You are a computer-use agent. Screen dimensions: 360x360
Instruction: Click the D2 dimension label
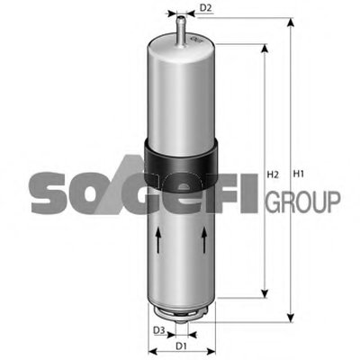206,8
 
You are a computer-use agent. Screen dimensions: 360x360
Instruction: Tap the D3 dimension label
159,330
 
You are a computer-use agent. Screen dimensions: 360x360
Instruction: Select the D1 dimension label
181,346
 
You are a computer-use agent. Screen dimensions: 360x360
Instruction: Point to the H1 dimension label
298,174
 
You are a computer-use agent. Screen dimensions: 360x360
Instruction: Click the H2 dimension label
273,175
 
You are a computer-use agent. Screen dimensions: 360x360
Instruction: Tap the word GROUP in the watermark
303,202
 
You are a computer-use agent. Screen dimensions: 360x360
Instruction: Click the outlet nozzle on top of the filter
181,31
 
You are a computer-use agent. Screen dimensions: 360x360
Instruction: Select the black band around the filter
180,164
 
